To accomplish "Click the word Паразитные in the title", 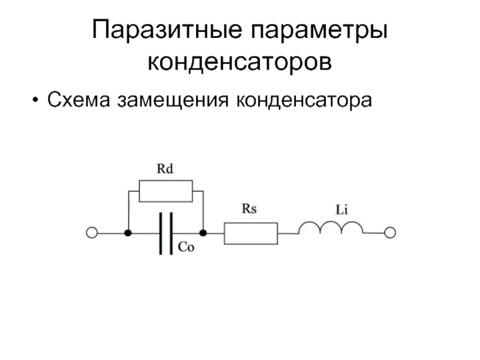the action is point(167,29).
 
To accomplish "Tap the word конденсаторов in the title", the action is point(239,62).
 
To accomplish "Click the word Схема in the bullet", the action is point(79,100).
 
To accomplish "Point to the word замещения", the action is point(173,101).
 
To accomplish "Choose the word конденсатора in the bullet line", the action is point(304,101).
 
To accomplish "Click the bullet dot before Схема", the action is point(35,100).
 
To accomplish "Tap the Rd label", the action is point(165,169).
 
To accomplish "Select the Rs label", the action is point(249,209).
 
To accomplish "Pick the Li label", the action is point(341,210).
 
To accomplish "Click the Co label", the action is point(186,247).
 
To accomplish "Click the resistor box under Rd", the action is point(166,191).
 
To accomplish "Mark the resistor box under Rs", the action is point(251,233).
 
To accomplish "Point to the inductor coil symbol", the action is point(331,223).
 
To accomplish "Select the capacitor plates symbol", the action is point(166,233).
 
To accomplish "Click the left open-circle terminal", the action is point(92,233).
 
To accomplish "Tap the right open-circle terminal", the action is point(390,233).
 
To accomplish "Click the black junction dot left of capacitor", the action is point(128,233).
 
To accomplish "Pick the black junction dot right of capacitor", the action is point(203,233).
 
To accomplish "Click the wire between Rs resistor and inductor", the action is point(288,233).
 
